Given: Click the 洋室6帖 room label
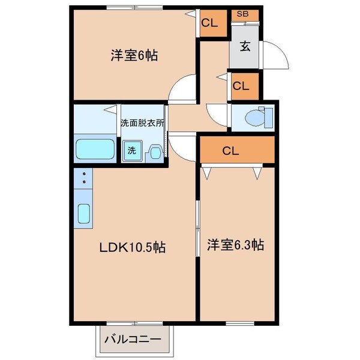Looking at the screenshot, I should click(134, 56).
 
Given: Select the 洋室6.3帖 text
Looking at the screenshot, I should click(236, 245).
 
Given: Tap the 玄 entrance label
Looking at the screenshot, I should click(246, 46).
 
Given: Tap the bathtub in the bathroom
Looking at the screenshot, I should click(96, 149).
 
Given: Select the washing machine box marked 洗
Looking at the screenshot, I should click(131, 152).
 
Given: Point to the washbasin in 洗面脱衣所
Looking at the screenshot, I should click(155, 152).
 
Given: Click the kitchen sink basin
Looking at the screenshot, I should click(84, 214).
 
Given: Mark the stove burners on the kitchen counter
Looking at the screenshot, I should click(84, 178).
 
